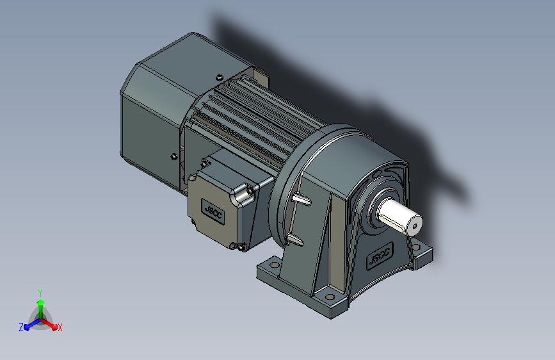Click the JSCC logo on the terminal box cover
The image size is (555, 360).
[213, 211]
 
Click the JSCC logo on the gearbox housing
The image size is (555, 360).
[380, 256]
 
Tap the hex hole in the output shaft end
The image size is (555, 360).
[415, 226]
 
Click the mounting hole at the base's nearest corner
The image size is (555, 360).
[330, 297]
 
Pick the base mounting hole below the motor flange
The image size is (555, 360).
[274, 265]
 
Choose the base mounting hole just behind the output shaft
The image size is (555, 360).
[417, 247]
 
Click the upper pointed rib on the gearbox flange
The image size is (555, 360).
[302, 199]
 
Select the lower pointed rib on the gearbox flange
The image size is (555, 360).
[294, 239]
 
